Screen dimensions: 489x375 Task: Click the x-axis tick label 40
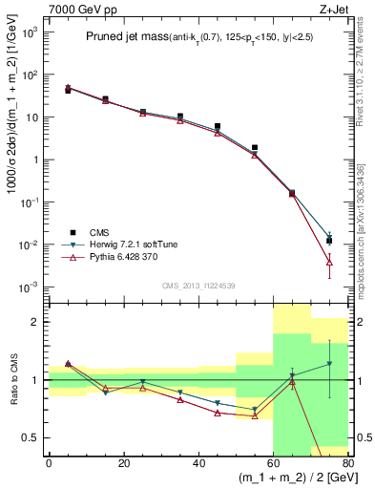pyautogui.click(x=198, y=463)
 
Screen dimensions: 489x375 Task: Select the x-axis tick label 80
pyautogui.click(x=347, y=463)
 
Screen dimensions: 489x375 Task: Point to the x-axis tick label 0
pyautogui.click(x=49, y=463)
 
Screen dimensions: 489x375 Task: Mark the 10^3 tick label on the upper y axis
pyautogui.click(x=29, y=32)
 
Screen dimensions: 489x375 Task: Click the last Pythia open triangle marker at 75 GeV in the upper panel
pyautogui.click(x=329, y=261)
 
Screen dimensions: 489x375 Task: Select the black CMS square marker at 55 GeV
pyautogui.click(x=255, y=148)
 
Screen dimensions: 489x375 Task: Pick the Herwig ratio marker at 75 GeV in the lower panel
pyautogui.click(x=329, y=363)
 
